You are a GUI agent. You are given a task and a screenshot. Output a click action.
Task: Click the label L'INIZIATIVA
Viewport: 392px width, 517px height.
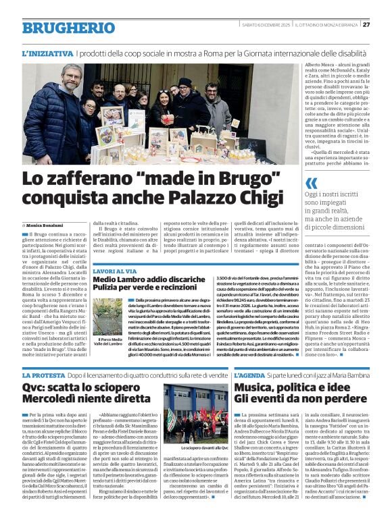click(x=47, y=53)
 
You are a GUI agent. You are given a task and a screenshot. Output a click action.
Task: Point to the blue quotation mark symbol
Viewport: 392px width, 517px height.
click(x=311, y=184)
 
